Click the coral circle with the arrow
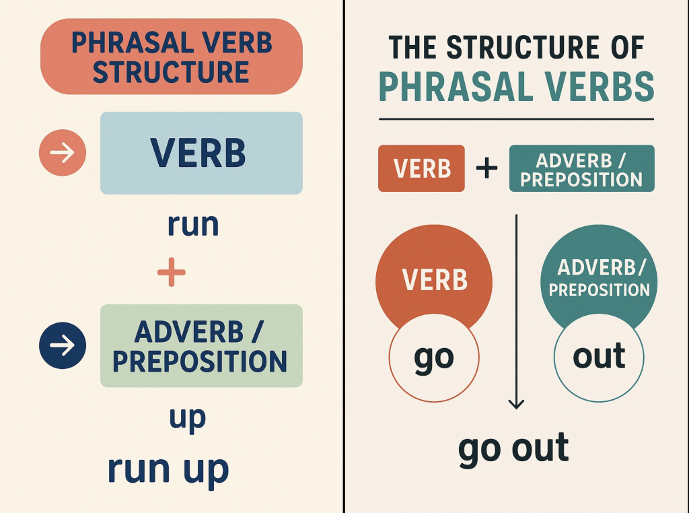tap(63, 153)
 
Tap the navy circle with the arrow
tap(63, 345)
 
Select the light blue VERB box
tap(201, 153)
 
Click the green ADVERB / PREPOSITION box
tap(201, 345)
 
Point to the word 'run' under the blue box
tap(193, 225)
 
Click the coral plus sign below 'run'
tap(172, 272)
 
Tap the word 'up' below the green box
tap(188, 419)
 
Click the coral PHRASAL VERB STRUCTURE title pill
tap(172, 57)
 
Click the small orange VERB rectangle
tap(421, 168)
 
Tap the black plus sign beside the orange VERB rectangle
tap(487, 168)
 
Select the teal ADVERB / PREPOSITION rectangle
tap(582, 168)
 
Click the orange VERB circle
tap(434, 273)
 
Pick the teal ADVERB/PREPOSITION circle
tap(599, 273)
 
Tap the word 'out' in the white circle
tap(599, 355)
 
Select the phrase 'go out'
tap(513, 449)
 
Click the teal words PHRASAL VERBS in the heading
tap(516, 86)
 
